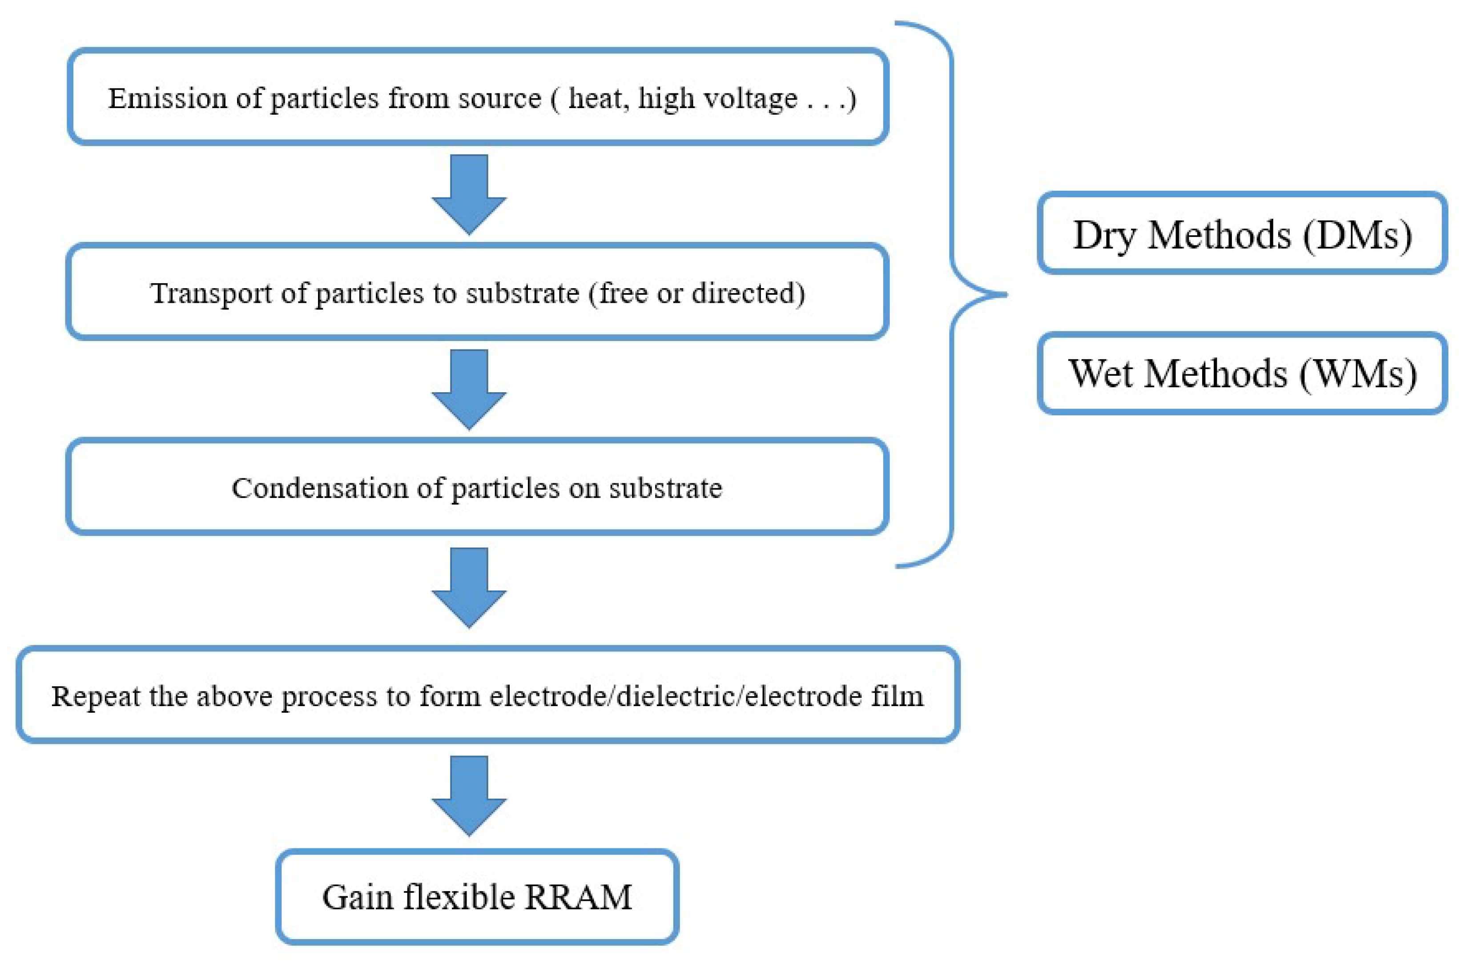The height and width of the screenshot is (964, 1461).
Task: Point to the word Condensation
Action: pyautogui.click(x=319, y=488)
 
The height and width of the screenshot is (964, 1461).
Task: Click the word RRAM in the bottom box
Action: pyautogui.click(x=578, y=896)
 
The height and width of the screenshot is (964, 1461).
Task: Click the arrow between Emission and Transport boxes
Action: pyautogui.click(x=469, y=194)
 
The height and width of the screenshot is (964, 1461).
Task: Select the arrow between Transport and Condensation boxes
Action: pyautogui.click(x=469, y=389)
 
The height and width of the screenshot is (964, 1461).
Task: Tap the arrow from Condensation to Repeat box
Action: pyautogui.click(x=469, y=587)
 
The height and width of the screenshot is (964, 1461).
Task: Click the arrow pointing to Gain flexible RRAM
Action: pyautogui.click(x=469, y=795)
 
